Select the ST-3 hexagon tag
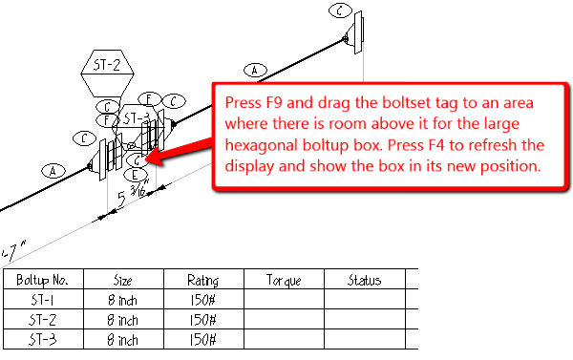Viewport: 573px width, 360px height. click(136, 118)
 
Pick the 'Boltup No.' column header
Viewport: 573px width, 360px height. click(43, 281)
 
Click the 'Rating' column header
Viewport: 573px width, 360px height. click(203, 281)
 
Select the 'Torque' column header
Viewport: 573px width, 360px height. click(285, 281)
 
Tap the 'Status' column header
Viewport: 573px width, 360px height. click(365, 281)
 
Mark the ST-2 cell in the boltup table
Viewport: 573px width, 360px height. click(43, 320)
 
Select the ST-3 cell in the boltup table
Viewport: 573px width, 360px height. click(43, 339)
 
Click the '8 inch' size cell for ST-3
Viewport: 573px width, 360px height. click(123, 339)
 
